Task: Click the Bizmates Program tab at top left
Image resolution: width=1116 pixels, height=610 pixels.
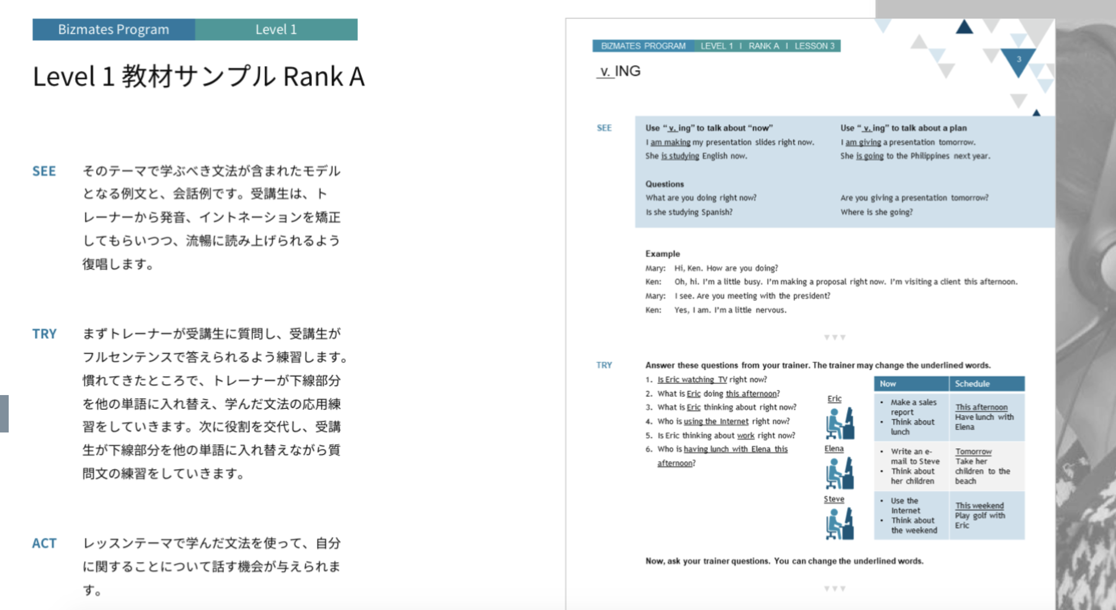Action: pos(113,30)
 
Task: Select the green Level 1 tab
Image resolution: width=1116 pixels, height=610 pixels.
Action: pos(276,30)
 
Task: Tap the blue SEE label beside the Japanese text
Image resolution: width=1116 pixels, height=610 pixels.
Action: pos(44,171)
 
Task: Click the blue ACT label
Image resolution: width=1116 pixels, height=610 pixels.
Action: pos(44,543)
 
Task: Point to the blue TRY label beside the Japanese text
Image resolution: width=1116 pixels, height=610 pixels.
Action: pos(44,334)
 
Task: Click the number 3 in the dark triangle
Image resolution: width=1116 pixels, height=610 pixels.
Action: pos(1019,59)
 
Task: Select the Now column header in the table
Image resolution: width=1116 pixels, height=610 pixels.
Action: pos(888,384)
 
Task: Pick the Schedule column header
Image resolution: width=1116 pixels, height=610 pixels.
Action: pos(972,384)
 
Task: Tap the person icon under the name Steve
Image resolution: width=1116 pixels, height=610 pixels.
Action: pos(840,524)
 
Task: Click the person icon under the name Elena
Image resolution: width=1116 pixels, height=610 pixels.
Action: pos(840,473)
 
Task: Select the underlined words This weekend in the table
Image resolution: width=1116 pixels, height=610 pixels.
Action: pos(980,506)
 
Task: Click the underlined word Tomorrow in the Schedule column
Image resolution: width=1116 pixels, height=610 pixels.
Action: pos(973,452)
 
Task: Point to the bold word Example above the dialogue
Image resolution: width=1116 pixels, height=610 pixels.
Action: pos(662,254)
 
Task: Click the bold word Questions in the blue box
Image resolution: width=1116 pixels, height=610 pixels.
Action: pos(664,184)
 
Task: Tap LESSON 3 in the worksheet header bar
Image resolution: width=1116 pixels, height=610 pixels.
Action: pos(814,46)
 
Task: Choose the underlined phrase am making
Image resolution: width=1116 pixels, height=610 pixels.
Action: pos(670,142)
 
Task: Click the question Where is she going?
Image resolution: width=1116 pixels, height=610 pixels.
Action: pos(876,212)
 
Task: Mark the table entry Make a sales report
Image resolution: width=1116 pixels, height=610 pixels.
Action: pos(913,407)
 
